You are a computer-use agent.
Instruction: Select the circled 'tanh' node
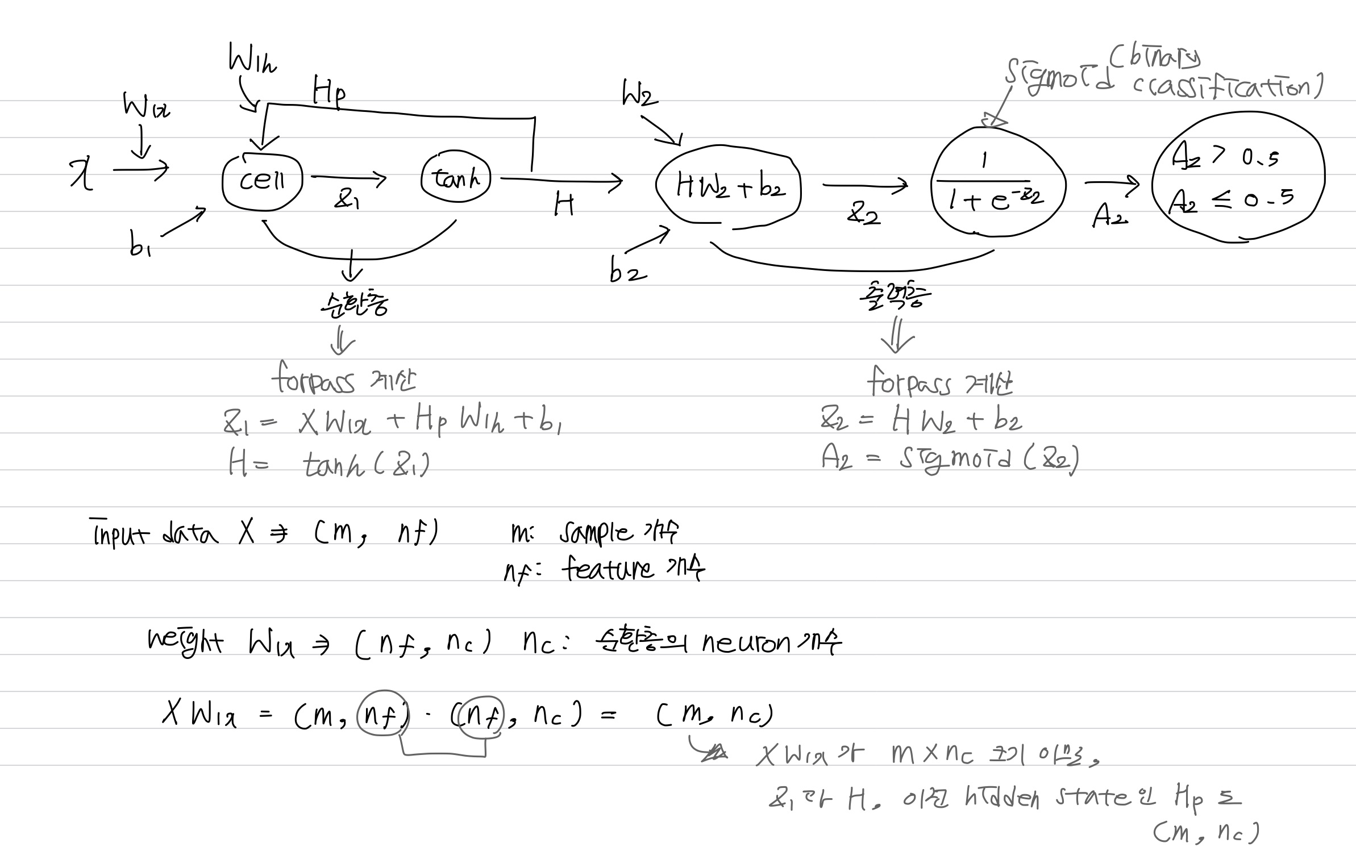click(x=455, y=178)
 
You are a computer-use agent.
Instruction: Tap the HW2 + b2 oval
click(x=729, y=187)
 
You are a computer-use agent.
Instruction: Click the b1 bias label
click(x=139, y=246)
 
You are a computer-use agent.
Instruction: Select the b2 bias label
click(x=627, y=272)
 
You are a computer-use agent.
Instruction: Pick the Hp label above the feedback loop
click(x=328, y=92)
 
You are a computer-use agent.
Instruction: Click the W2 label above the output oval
click(x=639, y=94)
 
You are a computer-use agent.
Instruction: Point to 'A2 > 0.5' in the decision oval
click(x=1225, y=156)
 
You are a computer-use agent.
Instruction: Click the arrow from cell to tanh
click(x=348, y=178)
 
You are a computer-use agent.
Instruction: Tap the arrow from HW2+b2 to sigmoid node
click(x=864, y=185)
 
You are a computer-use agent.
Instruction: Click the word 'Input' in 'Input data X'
click(x=120, y=534)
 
